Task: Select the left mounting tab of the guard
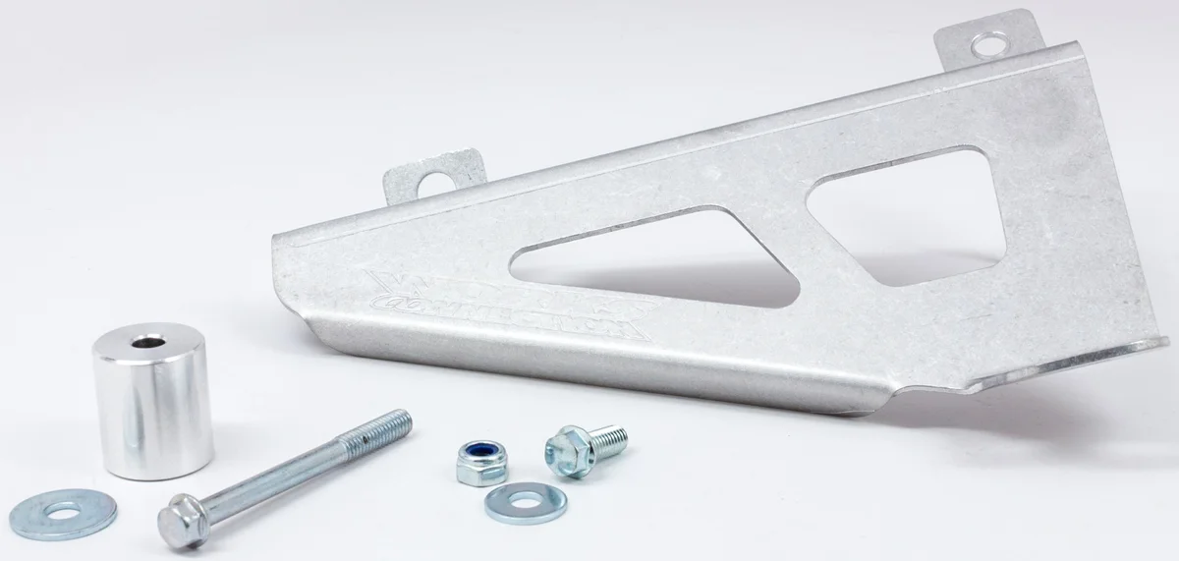[x=432, y=178]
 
